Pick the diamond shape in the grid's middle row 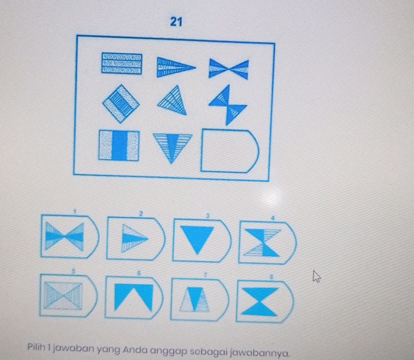click(x=121, y=103)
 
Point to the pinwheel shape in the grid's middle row click(x=227, y=105)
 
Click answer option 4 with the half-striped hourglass click(x=266, y=242)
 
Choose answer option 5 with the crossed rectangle click(x=68, y=295)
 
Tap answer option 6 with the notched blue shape click(x=133, y=297)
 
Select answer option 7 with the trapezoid click(x=198, y=299)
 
